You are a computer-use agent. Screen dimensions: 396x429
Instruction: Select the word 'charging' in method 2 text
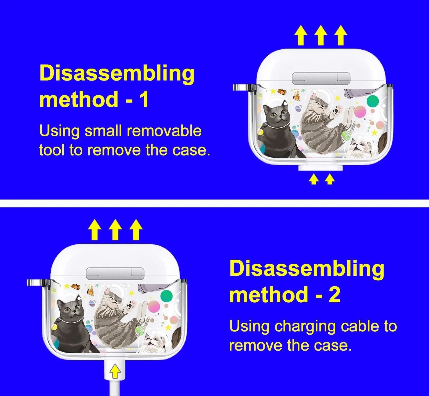click(x=305, y=326)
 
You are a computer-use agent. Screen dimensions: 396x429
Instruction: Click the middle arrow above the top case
click(x=321, y=35)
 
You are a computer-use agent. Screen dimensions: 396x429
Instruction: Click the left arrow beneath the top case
click(x=314, y=179)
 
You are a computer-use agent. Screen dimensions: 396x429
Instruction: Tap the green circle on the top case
click(x=372, y=101)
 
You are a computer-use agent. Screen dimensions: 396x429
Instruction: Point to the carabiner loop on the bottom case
click(x=33, y=282)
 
